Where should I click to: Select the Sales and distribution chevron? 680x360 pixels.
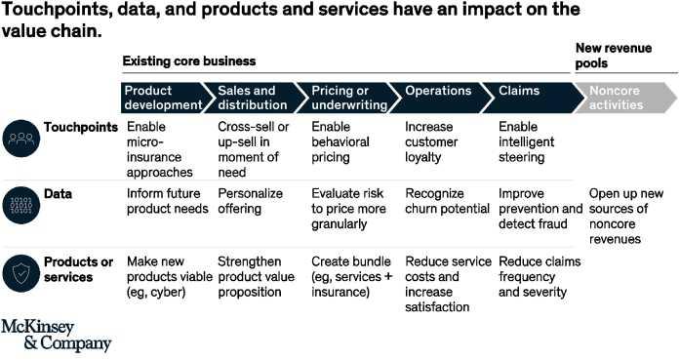pyautogui.click(x=256, y=98)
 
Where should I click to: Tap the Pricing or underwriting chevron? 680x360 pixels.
pyautogui.click(x=349, y=98)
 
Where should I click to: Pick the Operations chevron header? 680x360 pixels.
pyautogui.click(x=443, y=98)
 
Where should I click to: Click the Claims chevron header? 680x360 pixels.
pyautogui.click(x=536, y=98)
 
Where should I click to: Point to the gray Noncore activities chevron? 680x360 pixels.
pyautogui.click(x=625, y=98)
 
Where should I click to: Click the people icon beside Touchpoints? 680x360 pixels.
pyautogui.click(x=20, y=139)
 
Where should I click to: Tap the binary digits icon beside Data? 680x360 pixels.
pyautogui.click(x=20, y=205)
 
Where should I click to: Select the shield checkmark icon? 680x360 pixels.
pyautogui.click(x=20, y=273)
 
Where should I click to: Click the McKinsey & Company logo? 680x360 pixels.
pyautogui.click(x=56, y=335)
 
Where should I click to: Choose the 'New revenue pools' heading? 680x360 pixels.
pyautogui.click(x=614, y=56)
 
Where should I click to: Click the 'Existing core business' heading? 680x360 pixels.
pyautogui.click(x=189, y=60)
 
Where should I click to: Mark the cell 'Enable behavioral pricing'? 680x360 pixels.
pyautogui.click(x=340, y=141)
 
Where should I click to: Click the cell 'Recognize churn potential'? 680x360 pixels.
pyautogui.click(x=447, y=201)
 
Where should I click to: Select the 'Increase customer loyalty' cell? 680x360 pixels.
pyautogui.click(x=431, y=141)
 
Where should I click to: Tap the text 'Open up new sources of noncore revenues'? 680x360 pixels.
pyautogui.click(x=625, y=216)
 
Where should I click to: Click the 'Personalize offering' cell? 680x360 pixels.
pyautogui.click(x=250, y=201)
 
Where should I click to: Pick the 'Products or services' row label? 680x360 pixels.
pyautogui.click(x=78, y=269)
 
